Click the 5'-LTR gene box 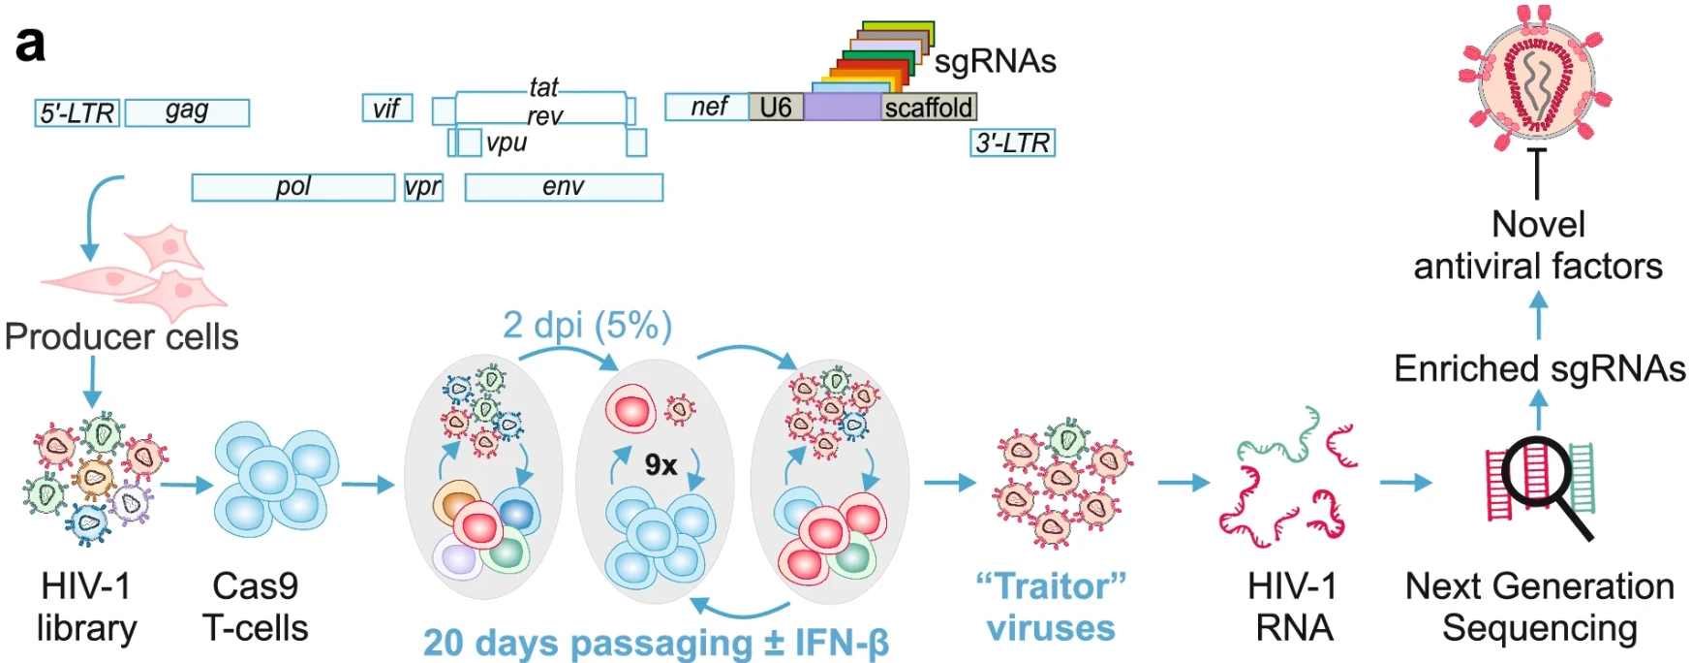pos(77,113)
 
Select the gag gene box pos(187,112)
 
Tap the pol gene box pos(292,187)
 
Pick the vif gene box pos(386,108)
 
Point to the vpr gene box pos(423,187)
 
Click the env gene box pos(564,187)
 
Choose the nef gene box pos(707,107)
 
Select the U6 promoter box pos(776,107)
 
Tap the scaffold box pos(928,107)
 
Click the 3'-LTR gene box pos(1012,142)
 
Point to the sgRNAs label pos(995,61)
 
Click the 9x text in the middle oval pos(661,465)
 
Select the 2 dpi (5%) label pos(587,326)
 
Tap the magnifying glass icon pos(1546,481)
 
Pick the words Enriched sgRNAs pos(1539,368)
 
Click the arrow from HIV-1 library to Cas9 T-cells pos(186,484)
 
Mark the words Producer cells pos(121,336)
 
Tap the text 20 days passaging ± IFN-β pos(656,642)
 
